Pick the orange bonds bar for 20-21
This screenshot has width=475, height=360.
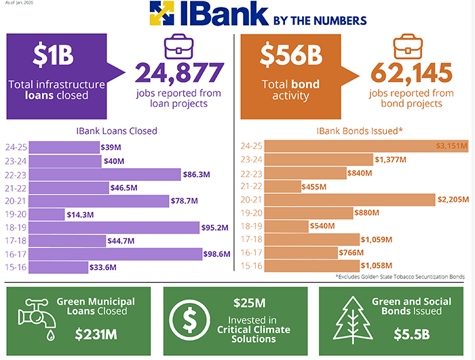click(349, 199)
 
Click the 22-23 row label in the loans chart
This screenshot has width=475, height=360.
click(16, 174)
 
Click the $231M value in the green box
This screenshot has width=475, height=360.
click(95, 334)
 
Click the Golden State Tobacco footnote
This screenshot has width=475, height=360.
click(400, 278)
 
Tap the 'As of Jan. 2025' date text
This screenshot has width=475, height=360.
click(20, 4)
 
